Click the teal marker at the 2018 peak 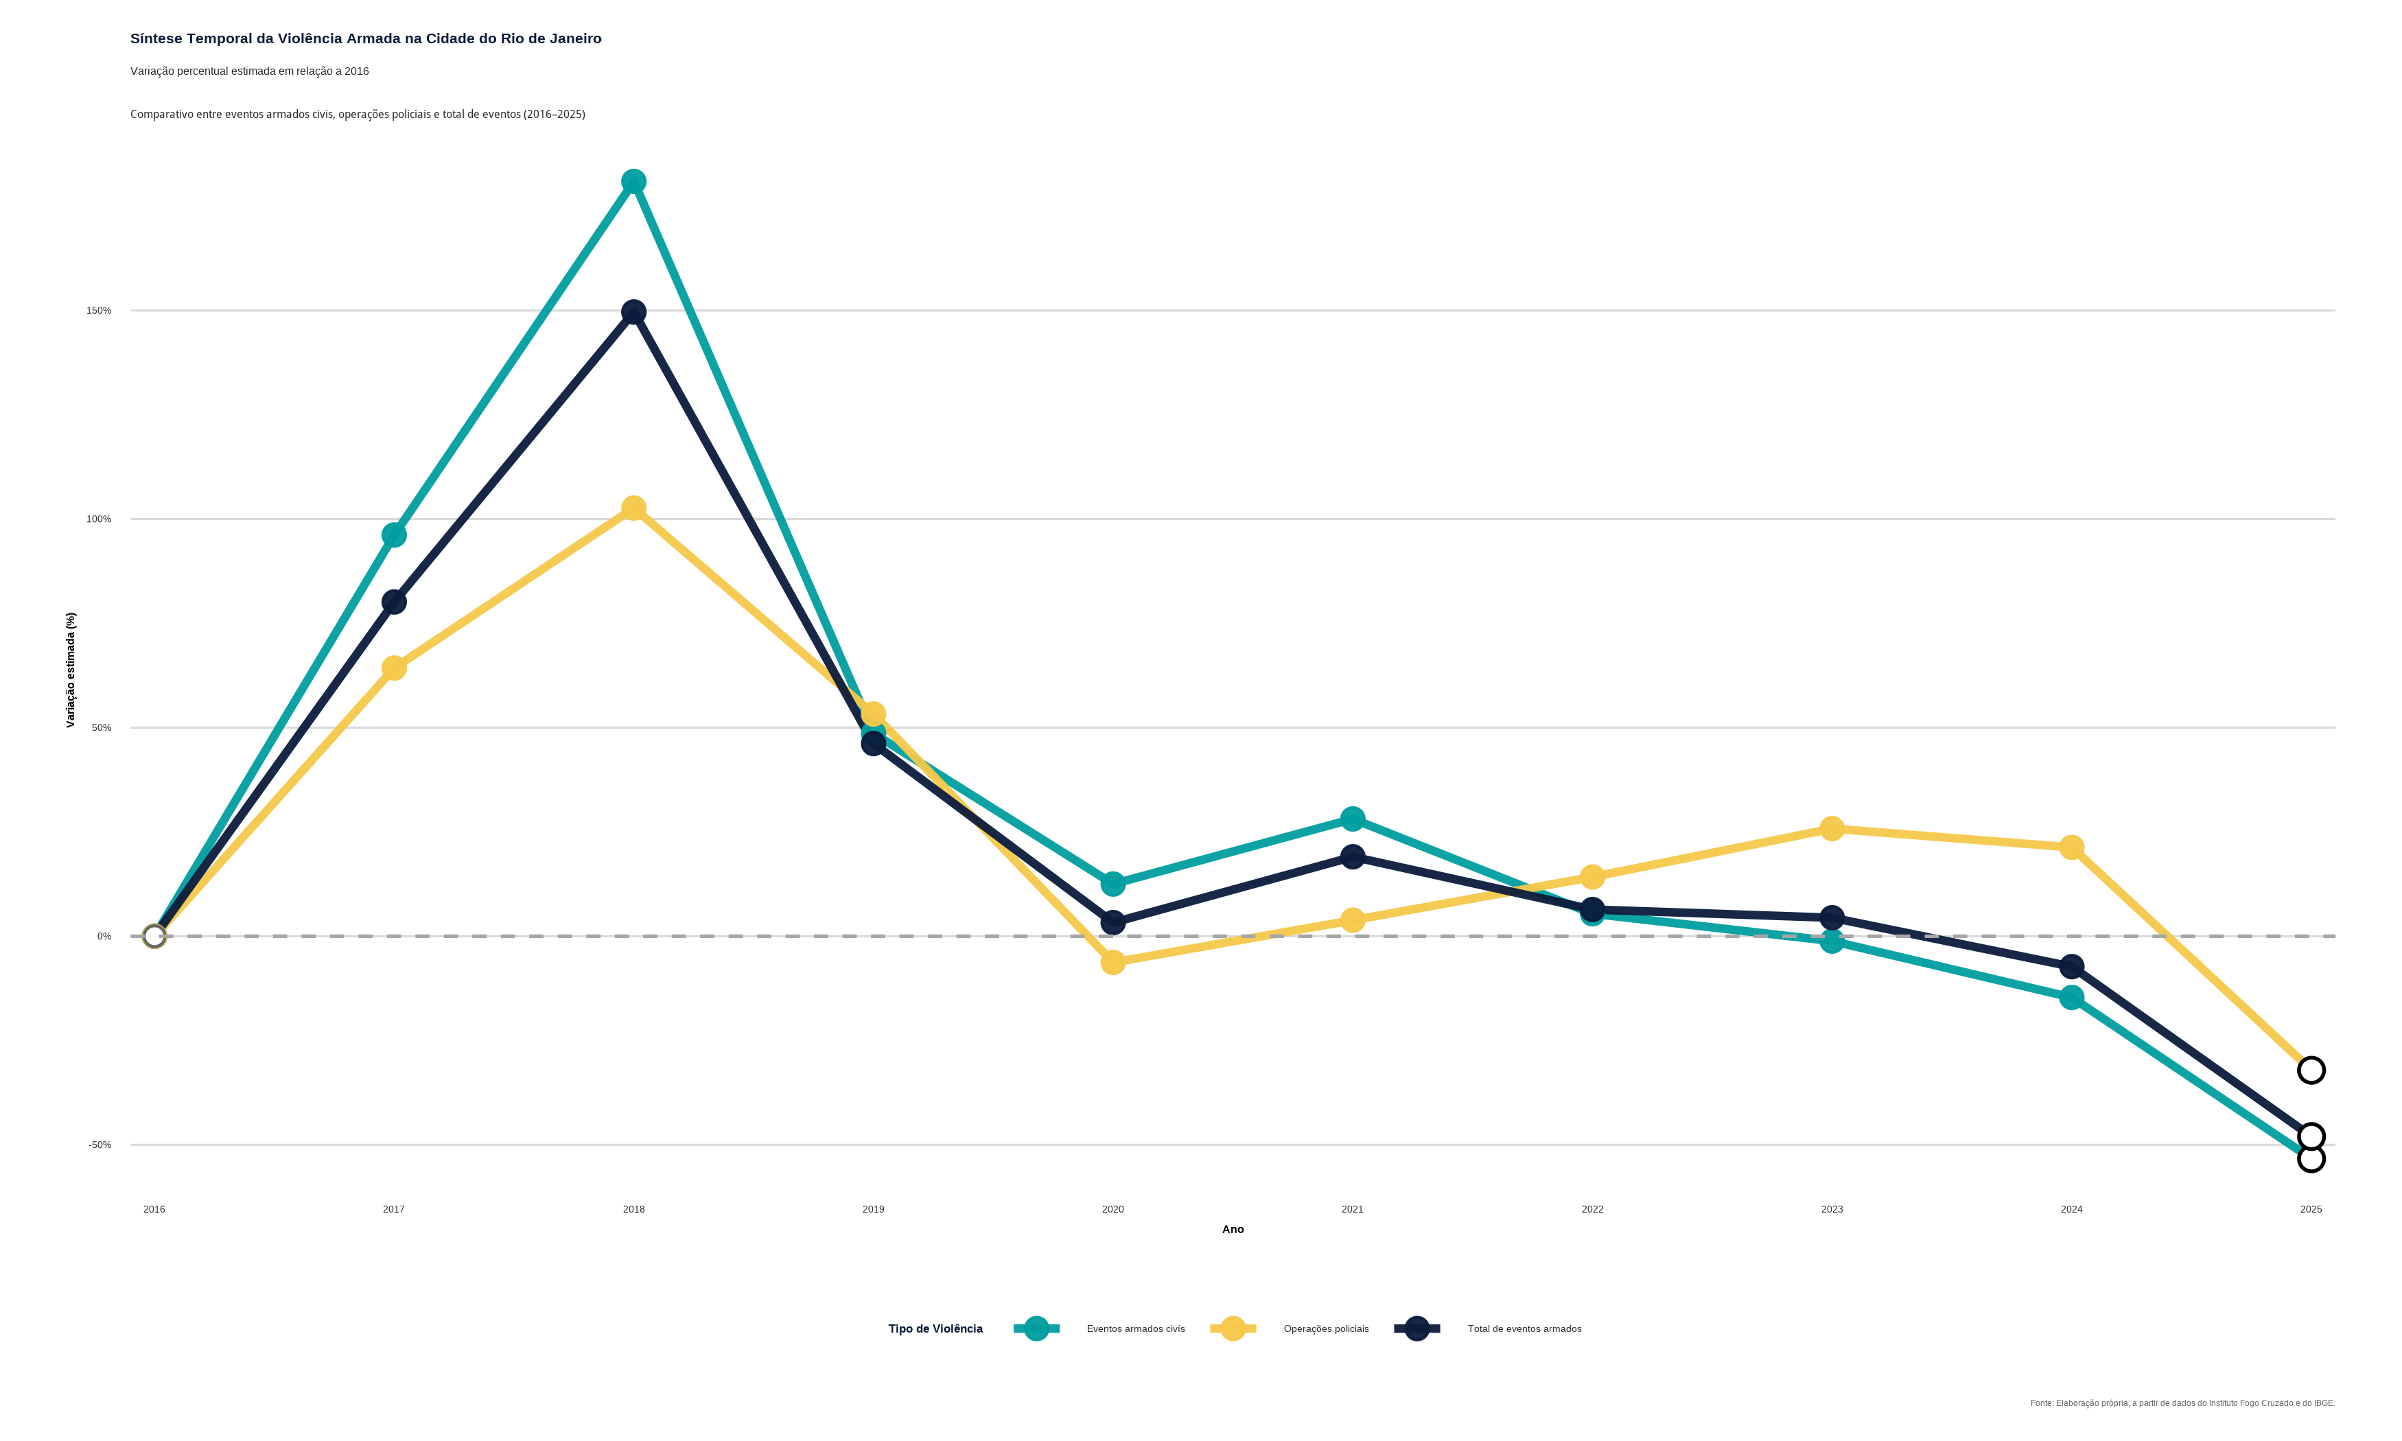tap(633, 182)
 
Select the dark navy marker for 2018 tap(633, 312)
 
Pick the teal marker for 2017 tap(393, 535)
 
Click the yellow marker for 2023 tap(1831, 828)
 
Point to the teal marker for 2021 tap(1353, 819)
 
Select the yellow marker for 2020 tap(1112, 962)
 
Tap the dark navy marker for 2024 tap(2071, 966)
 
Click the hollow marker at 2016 tap(154, 936)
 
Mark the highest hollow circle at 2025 tap(2311, 1070)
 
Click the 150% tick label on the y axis tap(99, 311)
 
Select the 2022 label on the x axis tap(1592, 1209)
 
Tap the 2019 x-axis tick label tap(873, 1209)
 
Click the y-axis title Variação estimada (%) tap(70, 670)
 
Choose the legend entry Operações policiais tap(1325, 1328)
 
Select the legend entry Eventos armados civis tap(1135, 1328)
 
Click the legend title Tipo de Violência tap(935, 1328)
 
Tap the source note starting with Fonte tap(2182, 1403)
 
